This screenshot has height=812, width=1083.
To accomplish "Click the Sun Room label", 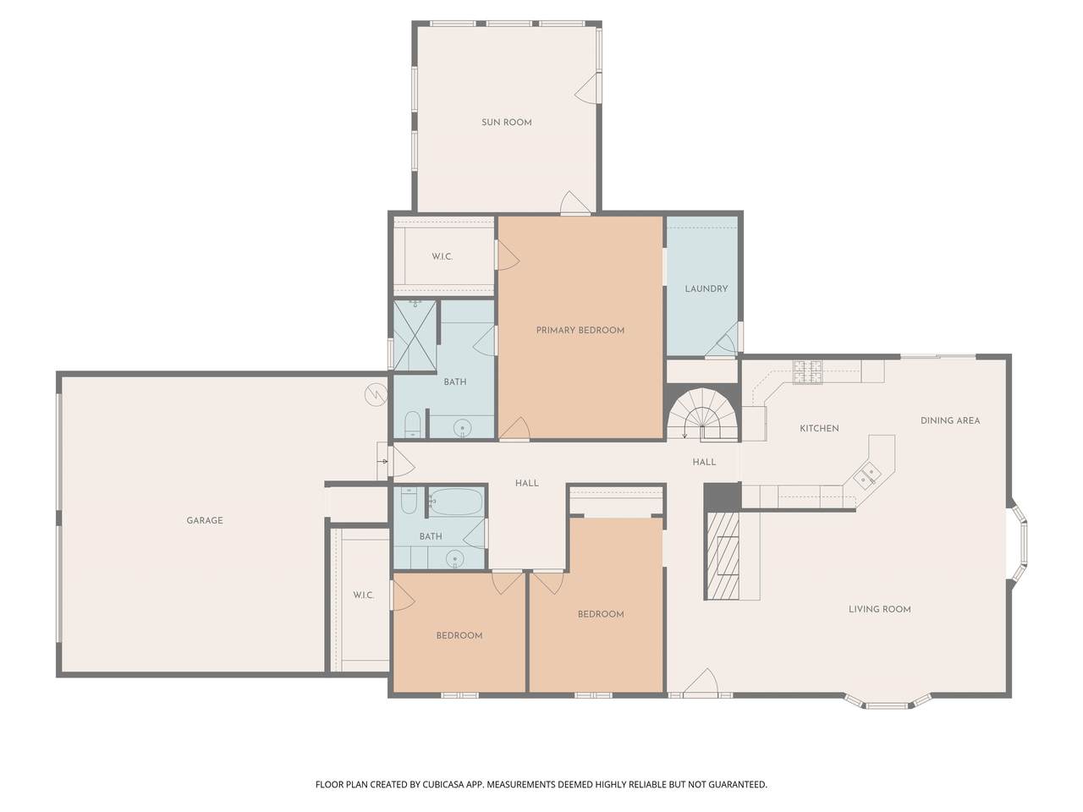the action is [x=506, y=123].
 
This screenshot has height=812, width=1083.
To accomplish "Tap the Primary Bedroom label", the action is [x=580, y=331].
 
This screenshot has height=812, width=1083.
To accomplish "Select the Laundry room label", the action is [x=706, y=288].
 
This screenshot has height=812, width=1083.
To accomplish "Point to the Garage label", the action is [x=205, y=520].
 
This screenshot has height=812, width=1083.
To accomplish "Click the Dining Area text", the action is [x=950, y=420].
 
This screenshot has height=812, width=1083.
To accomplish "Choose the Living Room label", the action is [x=879, y=609].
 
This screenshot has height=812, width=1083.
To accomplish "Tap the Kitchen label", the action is [x=819, y=429].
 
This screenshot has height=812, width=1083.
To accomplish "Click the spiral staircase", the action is [x=702, y=414].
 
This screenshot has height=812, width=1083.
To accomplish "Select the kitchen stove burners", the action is [x=808, y=372].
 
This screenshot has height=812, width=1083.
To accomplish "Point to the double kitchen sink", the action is [x=867, y=475].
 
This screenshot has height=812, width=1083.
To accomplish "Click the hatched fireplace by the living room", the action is [x=721, y=556].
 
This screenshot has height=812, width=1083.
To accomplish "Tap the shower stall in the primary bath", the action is [x=415, y=337].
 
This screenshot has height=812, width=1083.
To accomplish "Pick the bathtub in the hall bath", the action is [x=455, y=502].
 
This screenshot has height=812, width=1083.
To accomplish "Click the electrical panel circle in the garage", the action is [x=376, y=395].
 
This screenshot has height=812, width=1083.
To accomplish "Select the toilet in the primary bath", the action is [x=413, y=425].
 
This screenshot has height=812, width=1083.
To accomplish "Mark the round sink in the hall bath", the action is [x=454, y=559].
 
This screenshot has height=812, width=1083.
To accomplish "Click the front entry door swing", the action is [x=701, y=683].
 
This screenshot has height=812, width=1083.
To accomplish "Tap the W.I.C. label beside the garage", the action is [x=364, y=595].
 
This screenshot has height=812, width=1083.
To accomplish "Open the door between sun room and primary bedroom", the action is [x=575, y=203].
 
